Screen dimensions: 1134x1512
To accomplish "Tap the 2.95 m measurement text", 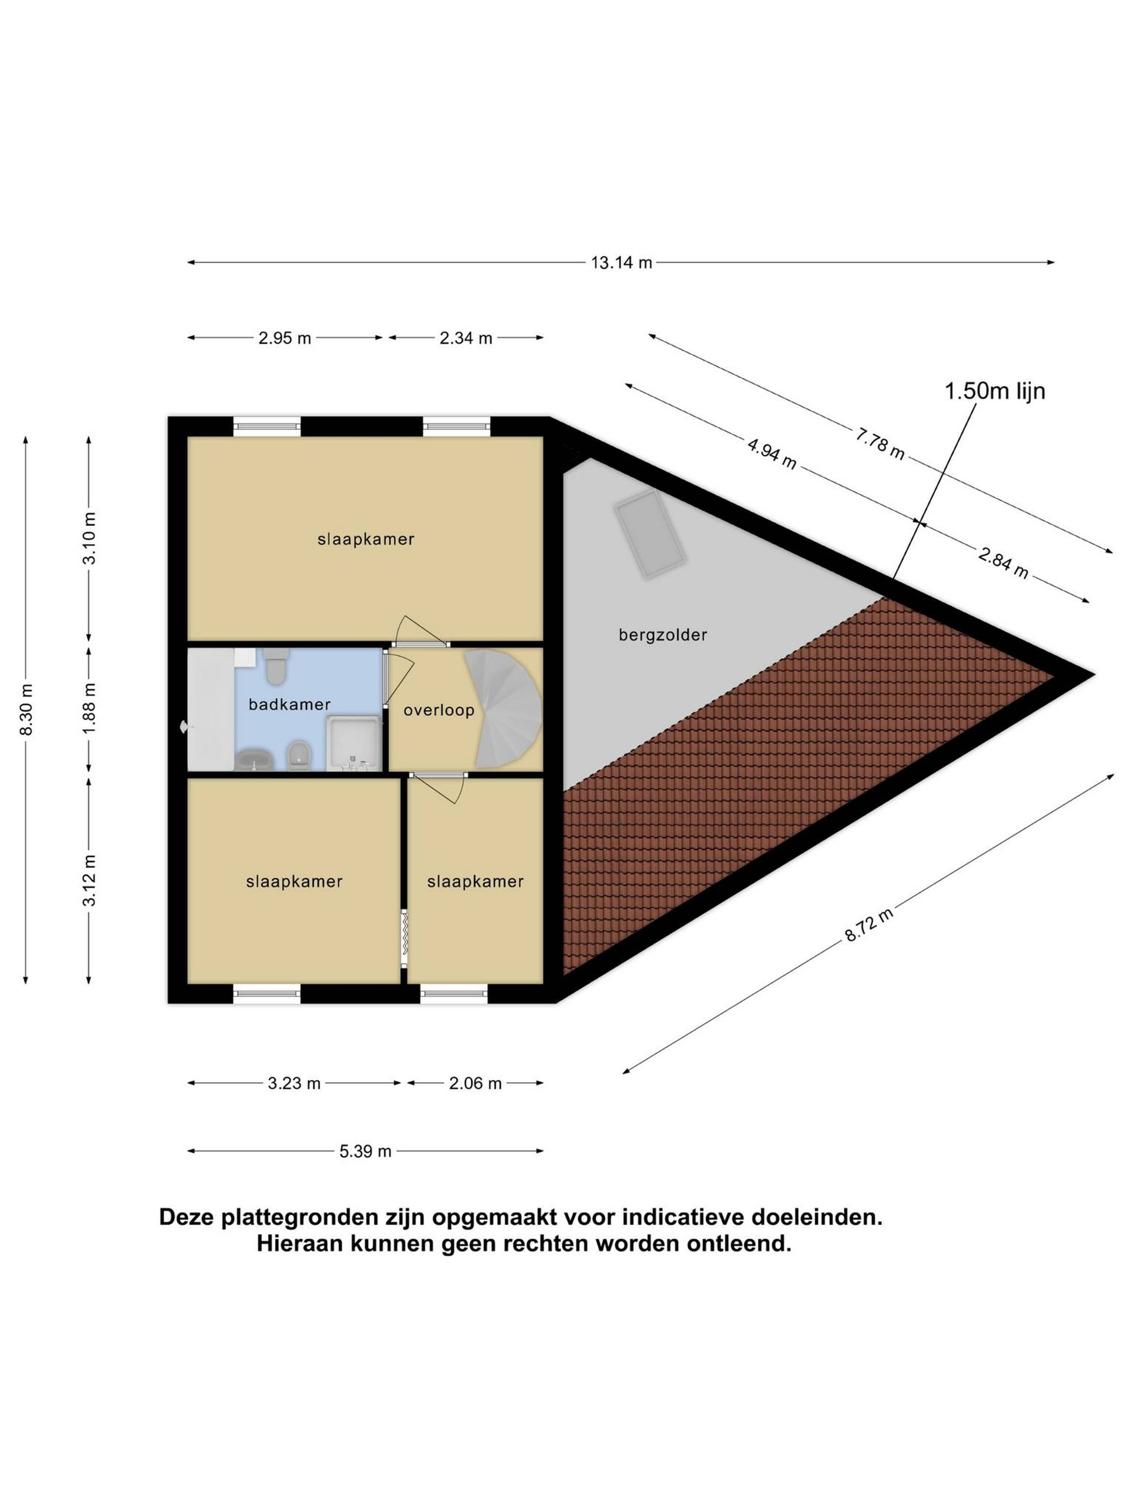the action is (x=284, y=338).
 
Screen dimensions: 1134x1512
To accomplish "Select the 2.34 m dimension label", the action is (x=465, y=338).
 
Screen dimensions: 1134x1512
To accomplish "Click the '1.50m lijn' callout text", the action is (x=995, y=391).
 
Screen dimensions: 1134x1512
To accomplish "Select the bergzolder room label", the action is (x=662, y=635).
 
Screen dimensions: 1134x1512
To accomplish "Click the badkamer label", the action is (x=289, y=704).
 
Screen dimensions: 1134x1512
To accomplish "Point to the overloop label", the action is (x=439, y=710).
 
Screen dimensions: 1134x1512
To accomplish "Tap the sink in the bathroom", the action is (x=254, y=759).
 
